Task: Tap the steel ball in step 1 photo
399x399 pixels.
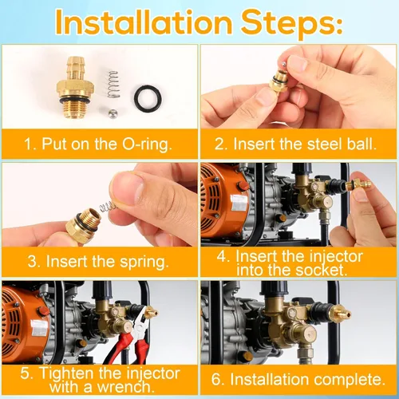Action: (x=113, y=114)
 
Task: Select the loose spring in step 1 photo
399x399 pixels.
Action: (x=113, y=84)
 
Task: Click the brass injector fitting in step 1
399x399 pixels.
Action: (x=75, y=87)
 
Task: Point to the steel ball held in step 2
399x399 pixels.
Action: (x=284, y=64)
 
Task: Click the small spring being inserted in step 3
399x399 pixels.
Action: (x=107, y=206)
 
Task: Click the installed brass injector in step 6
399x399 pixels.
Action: (x=339, y=313)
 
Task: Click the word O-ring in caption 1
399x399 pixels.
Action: (x=147, y=144)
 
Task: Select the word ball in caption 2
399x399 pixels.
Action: (x=361, y=144)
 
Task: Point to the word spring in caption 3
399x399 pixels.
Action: (x=144, y=263)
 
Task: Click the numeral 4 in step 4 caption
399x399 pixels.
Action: (x=221, y=256)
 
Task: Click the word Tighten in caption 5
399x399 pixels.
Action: (x=68, y=373)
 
